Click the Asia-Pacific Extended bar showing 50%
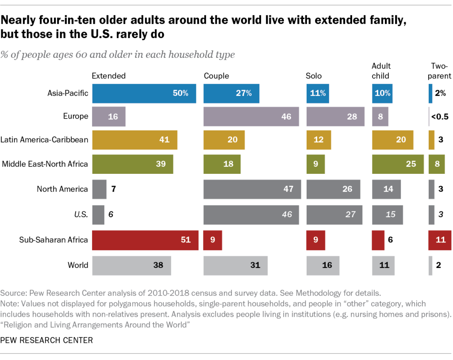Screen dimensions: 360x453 [144, 93]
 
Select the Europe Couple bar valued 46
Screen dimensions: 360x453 [251, 116]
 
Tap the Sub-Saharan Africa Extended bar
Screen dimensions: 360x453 [145, 240]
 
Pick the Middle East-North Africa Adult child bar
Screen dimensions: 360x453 [397, 164]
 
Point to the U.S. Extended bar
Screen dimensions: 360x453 [98, 214]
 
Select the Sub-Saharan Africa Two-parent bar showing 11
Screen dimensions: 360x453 [439, 240]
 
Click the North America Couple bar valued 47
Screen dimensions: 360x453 [252, 189]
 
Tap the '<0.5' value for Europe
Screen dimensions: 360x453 [440, 117]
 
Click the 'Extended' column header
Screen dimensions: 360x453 [108, 76]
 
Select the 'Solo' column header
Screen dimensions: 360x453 [314, 76]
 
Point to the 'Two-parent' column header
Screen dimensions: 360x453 [439, 71]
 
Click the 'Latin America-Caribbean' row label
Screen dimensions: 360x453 [44, 140]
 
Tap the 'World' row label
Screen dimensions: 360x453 [78, 265]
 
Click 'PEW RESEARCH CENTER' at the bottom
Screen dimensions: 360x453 [47, 340]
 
